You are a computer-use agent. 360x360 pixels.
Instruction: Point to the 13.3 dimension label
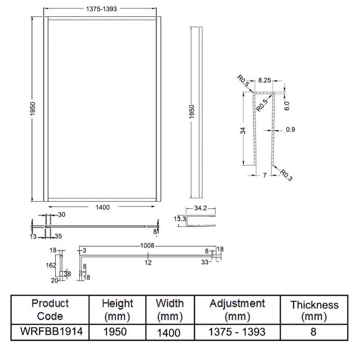(180, 219)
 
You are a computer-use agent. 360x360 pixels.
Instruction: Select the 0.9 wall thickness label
(290, 130)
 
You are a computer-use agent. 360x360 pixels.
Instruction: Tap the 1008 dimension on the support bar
(148, 246)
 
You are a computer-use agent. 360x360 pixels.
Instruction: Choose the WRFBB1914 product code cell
(49, 332)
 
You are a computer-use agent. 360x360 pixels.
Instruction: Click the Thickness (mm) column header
(314, 310)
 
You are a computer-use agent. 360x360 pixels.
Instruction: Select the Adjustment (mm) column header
(237, 310)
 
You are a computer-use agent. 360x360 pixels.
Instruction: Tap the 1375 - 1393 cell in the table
(237, 332)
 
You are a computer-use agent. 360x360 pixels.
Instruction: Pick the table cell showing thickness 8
(314, 332)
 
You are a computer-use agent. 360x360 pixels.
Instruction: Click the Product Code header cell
(49, 310)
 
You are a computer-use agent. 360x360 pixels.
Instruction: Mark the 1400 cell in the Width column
(170, 333)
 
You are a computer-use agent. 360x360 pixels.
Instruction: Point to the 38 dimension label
(67, 273)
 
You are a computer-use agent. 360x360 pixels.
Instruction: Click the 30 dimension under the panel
(62, 215)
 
